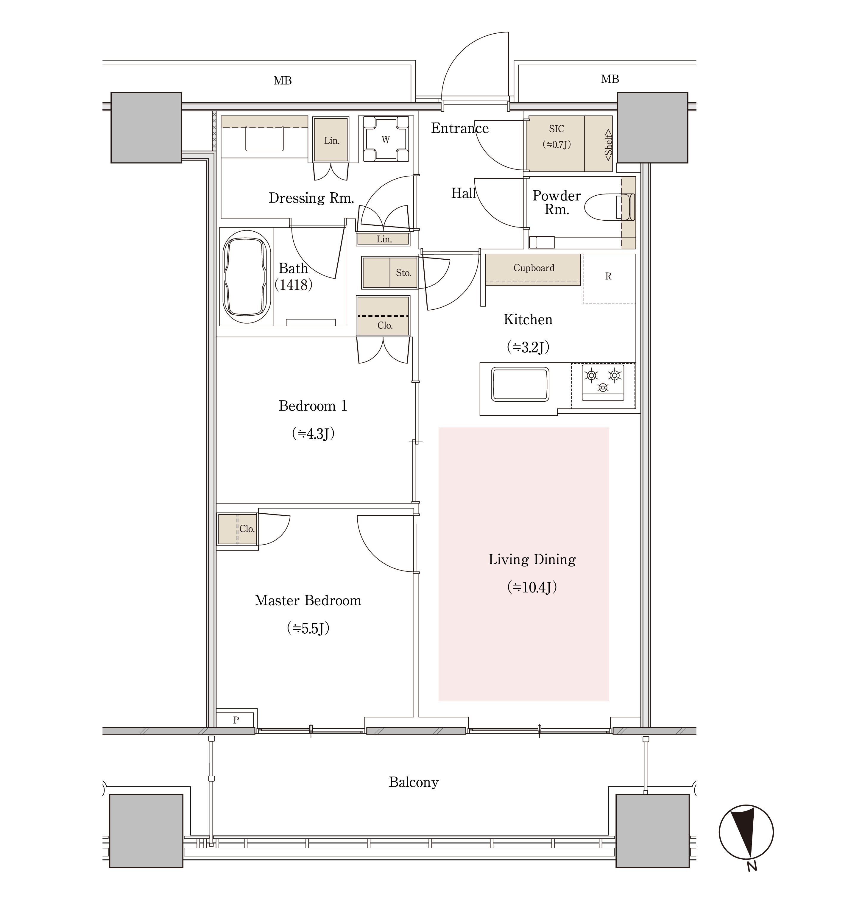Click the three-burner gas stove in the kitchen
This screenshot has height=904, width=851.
[x=603, y=383]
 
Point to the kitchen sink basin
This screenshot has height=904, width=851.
[x=520, y=384]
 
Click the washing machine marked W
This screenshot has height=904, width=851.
[x=386, y=139]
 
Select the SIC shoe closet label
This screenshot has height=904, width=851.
[x=556, y=129]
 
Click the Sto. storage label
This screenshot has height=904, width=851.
[x=403, y=273]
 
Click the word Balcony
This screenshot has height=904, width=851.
[x=414, y=782]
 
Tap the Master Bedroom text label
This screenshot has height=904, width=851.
[x=308, y=600]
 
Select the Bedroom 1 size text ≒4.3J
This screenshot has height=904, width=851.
[x=313, y=434]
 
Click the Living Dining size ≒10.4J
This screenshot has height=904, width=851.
[x=532, y=587]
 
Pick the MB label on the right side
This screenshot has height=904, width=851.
[x=610, y=79]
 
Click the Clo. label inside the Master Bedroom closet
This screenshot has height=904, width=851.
[x=247, y=529]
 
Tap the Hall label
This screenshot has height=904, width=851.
[x=463, y=193]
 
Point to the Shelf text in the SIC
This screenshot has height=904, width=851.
[x=608, y=145]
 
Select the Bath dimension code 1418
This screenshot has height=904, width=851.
[x=293, y=285]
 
